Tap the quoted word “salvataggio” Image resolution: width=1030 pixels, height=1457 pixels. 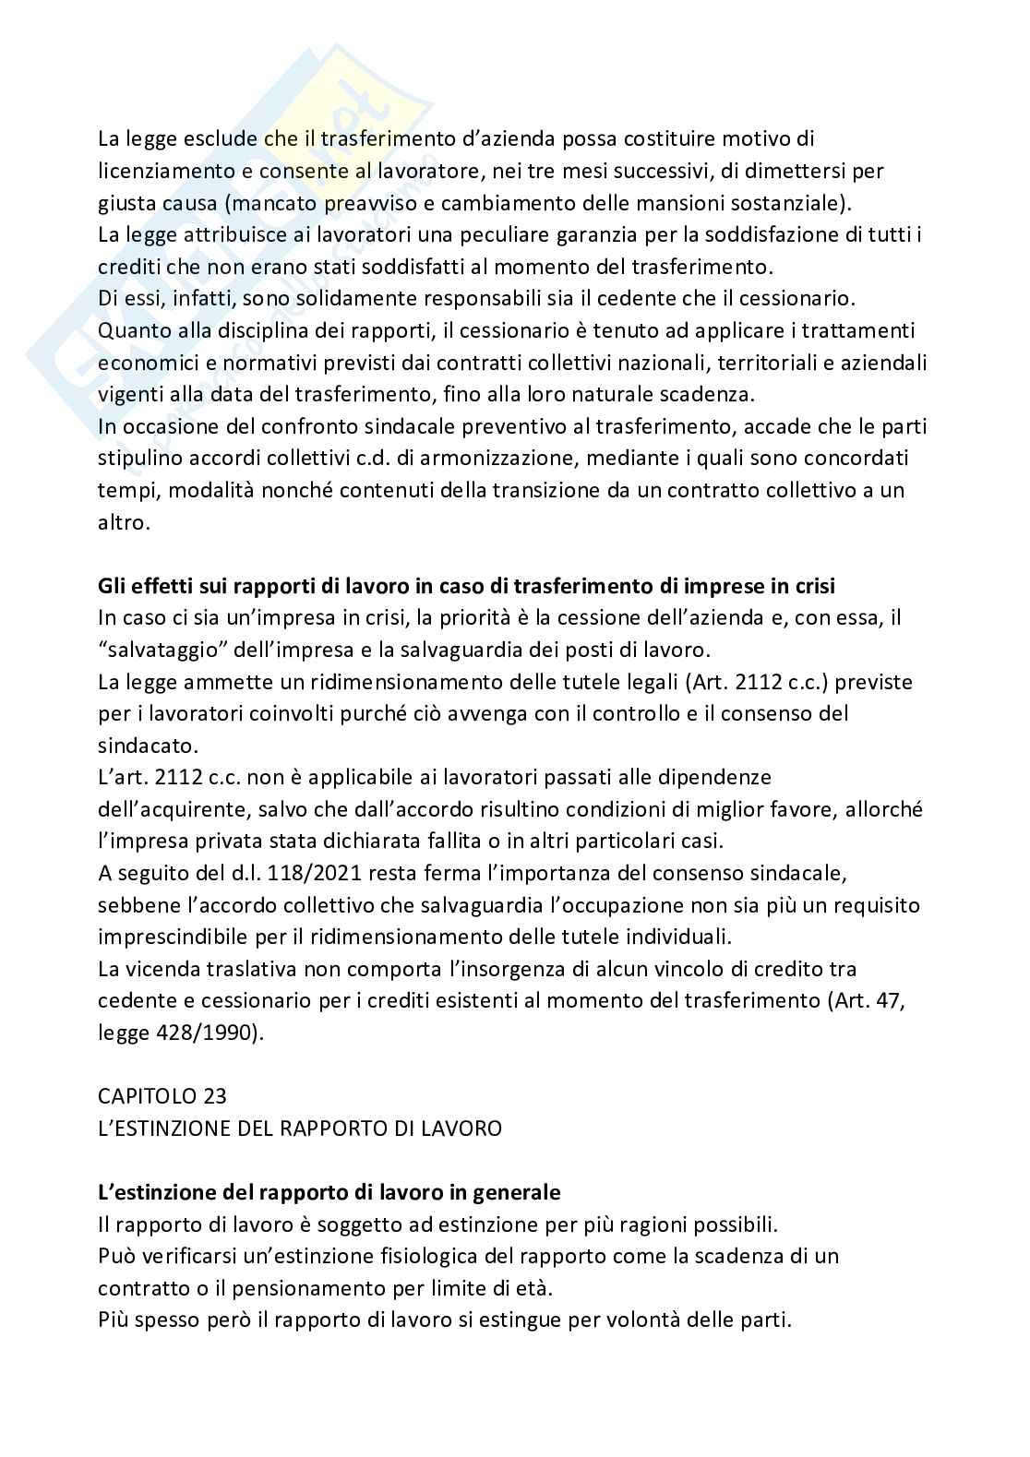coord(159,650)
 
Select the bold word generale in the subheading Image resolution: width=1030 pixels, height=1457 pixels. coord(517,1192)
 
